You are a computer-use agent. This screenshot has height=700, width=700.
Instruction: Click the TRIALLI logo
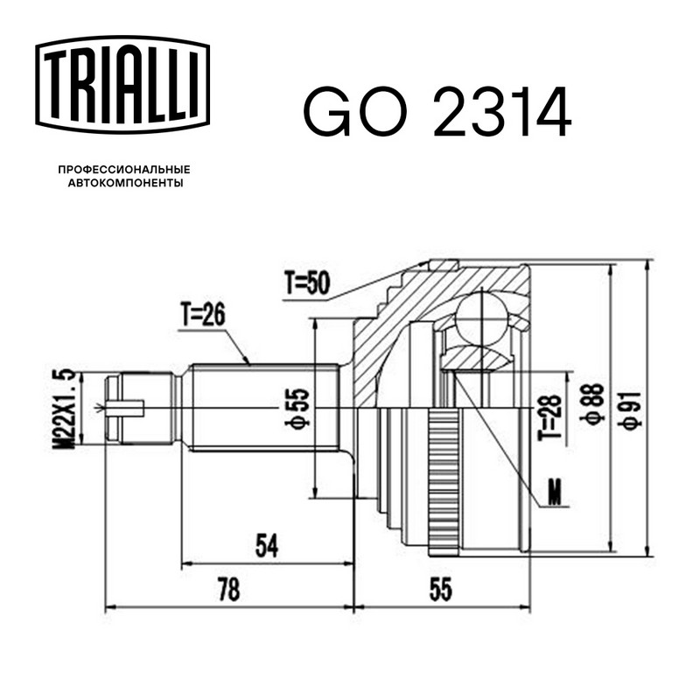[122, 84]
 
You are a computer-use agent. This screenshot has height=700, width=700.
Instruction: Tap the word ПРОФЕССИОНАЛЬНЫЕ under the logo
[124, 170]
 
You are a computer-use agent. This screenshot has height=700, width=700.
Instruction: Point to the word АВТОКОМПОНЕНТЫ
[125, 183]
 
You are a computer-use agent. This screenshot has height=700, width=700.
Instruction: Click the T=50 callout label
[308, 283]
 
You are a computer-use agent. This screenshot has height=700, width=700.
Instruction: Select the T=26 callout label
[203, 315]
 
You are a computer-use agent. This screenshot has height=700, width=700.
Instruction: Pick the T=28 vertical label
[549, 417]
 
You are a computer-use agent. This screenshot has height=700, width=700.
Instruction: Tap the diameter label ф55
[297, 408]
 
